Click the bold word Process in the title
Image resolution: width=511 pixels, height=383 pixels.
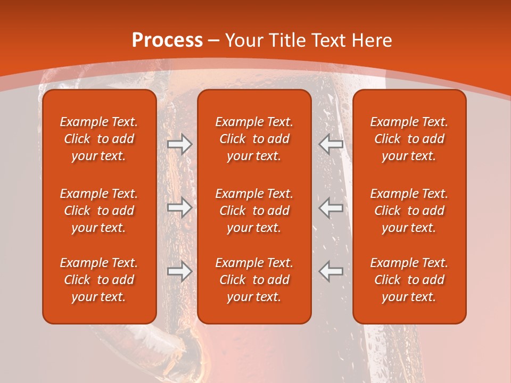167,40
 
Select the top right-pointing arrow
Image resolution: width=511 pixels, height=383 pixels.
179,144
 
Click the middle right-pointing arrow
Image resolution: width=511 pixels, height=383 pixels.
179,207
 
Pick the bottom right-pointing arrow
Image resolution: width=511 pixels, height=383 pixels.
179,271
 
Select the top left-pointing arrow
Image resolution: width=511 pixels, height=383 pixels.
331,144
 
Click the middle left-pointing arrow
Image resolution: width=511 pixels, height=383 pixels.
331,207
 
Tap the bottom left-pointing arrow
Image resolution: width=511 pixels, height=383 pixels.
331,271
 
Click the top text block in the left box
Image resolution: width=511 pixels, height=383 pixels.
99,139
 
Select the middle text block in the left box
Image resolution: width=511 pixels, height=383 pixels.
99,211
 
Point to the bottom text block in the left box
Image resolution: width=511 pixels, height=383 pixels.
99,280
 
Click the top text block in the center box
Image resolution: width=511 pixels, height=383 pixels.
254,139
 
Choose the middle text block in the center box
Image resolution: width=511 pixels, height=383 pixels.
254,211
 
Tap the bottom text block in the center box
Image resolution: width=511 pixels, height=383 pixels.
254,280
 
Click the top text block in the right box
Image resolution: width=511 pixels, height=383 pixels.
409,139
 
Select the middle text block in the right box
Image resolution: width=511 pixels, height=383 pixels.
409,211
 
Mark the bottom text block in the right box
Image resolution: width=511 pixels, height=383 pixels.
409,280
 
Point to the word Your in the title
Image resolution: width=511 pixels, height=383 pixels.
244,40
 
